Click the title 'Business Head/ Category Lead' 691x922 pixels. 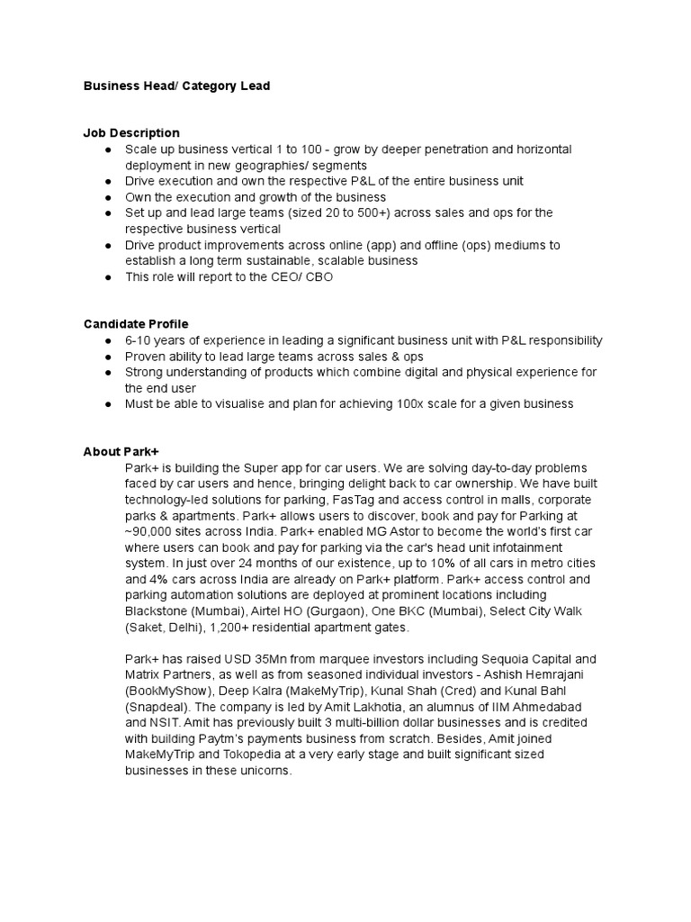(176, 86)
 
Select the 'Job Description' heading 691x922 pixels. (131, 132)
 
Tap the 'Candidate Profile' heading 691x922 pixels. (136, 323)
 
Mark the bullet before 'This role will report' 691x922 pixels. (108, 277)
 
